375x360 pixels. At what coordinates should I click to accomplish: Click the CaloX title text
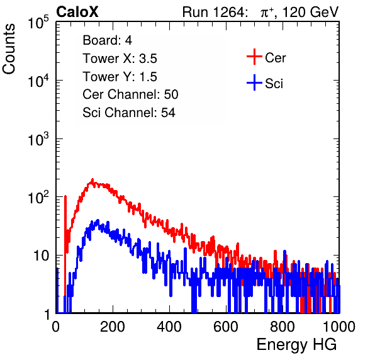click(77, 12)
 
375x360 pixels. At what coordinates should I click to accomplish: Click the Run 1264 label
click(213, 12)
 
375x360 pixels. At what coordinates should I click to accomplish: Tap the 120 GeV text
click(310, 12)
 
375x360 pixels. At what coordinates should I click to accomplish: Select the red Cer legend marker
click(254, 57)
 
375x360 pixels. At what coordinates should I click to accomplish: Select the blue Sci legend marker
click(254, 83)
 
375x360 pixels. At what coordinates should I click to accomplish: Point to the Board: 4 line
click(107, 40)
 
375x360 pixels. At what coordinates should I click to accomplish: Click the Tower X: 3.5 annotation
click(120, 59)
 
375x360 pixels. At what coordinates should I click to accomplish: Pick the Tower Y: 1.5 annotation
click(120, 77)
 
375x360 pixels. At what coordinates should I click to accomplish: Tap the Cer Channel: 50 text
click(130, 94)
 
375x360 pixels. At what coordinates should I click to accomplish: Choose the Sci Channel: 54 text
click(129, 113)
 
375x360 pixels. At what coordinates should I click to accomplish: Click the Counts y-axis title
click(9, 49)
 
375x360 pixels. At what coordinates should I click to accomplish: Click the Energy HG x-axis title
click(296, 345)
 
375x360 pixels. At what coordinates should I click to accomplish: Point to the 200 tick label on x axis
click(113, 327)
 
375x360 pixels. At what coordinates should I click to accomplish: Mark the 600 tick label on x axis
click(226, 327)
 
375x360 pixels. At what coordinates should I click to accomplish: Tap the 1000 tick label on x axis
click(339, 327)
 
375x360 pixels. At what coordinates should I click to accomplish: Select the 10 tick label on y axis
click(41, 256)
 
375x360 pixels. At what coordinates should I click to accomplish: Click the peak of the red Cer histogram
click(92, 179)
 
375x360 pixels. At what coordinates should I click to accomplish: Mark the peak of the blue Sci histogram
click(98, 220)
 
